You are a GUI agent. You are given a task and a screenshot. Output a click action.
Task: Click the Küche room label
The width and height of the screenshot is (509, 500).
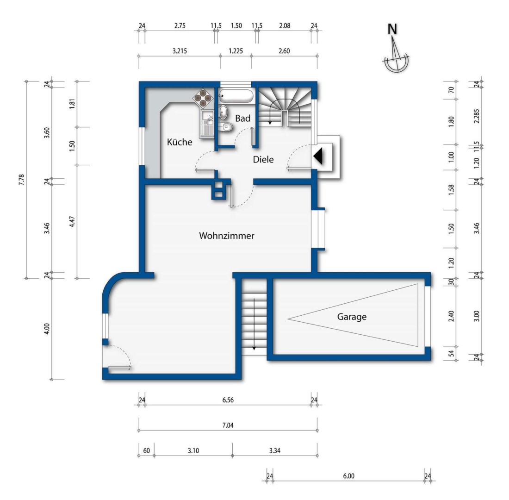[180, 142]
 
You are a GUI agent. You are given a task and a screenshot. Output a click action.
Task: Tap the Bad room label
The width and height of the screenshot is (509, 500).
[243, 118]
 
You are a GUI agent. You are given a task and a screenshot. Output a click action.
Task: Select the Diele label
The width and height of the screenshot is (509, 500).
[263, 160]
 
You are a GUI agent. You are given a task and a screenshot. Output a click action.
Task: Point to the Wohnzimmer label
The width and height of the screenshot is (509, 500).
[227, 236]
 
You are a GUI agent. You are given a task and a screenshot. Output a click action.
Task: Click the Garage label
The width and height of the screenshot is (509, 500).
[352, 317]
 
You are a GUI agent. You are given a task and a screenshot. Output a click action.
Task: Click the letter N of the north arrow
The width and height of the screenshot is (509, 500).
[392, 29]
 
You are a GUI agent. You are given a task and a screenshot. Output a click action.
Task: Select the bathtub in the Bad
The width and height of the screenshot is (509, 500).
[236, 95]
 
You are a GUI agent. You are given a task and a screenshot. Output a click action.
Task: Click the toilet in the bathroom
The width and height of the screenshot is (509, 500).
[226, 127]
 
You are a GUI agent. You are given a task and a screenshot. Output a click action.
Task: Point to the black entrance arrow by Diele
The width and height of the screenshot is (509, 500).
[318, 156]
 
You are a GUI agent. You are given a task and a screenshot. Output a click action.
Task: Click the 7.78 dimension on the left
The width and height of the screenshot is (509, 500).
[22, 180]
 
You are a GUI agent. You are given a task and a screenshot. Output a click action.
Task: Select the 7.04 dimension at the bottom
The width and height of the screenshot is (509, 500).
[228, 425]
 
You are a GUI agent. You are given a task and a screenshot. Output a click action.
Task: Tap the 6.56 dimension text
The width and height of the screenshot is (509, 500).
[228, 400]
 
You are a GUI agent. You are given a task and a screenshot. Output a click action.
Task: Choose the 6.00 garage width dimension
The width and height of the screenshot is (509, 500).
[348, 476]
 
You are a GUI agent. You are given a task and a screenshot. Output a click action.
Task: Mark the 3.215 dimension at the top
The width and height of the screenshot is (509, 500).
[180, 51]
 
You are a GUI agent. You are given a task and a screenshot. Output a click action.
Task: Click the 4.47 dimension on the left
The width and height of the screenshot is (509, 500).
[72, 222]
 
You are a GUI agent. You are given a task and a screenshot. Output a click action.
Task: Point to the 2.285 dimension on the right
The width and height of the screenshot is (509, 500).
[477, 116]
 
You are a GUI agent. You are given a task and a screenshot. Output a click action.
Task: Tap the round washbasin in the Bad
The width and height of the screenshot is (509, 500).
[223, 112]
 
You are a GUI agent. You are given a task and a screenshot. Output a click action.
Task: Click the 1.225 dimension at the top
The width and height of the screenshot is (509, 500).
[236, 51]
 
